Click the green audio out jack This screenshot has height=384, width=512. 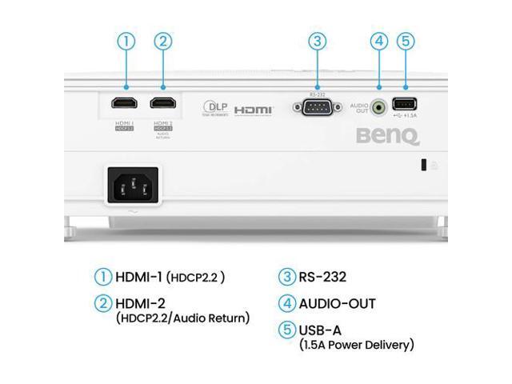[x=379, y=104]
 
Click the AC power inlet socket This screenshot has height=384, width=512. [x=130, y=187]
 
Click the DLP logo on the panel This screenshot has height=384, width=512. [x=215, y=106]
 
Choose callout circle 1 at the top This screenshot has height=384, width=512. [x=125, y=41]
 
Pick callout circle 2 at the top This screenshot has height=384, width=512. [x=164, y=41]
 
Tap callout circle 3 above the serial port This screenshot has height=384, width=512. [x=318, y=41]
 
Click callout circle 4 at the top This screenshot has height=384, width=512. [x=379, y=41]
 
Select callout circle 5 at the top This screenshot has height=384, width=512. [x=406, y=41]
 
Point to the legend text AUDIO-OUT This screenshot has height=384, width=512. [x=337, y=303]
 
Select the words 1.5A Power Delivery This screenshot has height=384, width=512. [x=357, y=345]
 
